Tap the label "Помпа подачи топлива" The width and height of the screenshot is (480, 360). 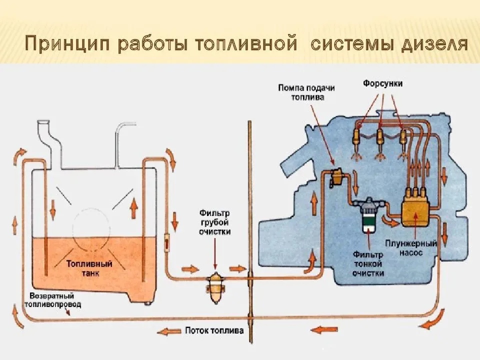(307, 92)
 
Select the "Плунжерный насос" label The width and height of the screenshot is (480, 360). (411, 248)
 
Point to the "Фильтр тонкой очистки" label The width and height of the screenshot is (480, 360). (368, 263)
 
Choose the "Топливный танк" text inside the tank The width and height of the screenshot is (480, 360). (89, 268)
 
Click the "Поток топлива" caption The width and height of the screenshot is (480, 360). (214, 330)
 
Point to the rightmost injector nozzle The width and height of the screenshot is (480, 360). (402, 138)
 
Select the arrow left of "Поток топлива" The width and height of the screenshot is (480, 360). (168, 330)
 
